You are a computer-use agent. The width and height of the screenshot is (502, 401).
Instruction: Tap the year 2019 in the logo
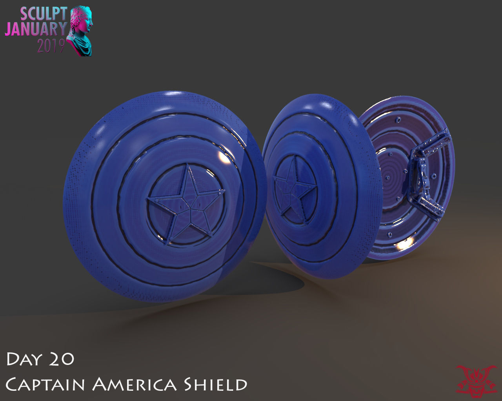click(51, 46)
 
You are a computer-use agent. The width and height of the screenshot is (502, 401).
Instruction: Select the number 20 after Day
click(62, 359)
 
